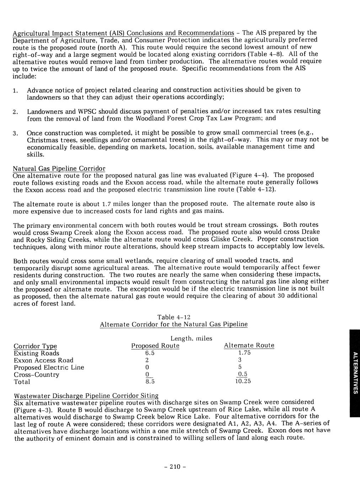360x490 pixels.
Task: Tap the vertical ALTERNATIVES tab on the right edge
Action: point(354,372)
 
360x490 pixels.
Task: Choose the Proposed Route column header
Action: point(155,346)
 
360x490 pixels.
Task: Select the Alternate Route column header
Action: point(249,345)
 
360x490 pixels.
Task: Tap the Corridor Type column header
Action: point(35,346)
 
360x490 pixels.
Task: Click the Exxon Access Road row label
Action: point(43,360)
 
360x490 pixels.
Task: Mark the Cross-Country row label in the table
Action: point(36,375)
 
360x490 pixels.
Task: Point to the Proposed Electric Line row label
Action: point(49,367)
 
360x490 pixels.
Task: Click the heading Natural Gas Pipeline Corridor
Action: point(59,168)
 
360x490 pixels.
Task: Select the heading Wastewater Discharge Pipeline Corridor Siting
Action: point(86,396)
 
